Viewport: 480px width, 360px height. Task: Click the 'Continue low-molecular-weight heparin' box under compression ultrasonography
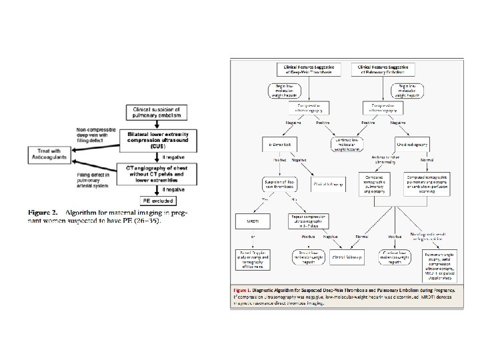(349, 145)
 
